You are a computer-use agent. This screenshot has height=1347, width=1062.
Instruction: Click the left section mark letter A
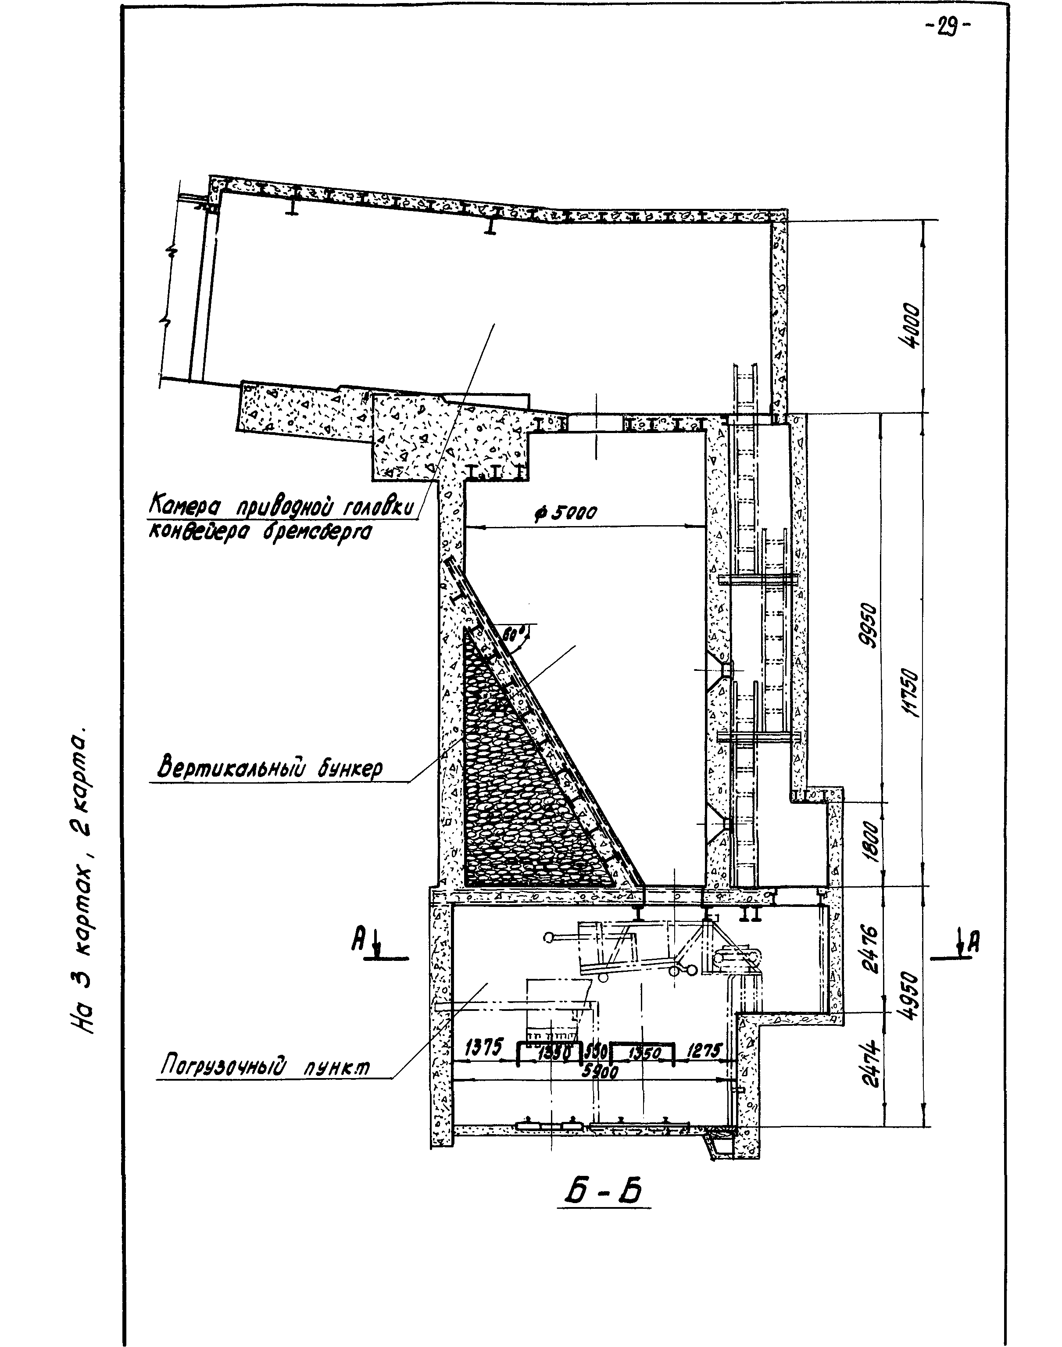point(359,942)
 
